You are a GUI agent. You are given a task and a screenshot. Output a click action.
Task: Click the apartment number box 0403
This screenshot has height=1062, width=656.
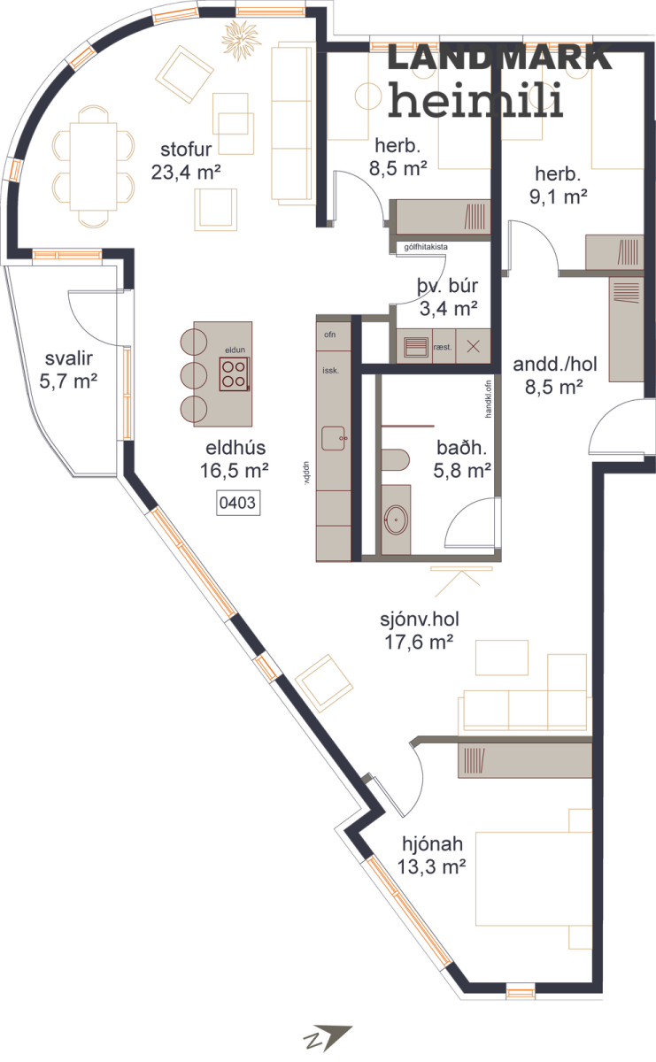coord(238,503)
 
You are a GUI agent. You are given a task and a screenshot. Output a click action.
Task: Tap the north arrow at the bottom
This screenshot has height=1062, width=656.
coord(328,1038)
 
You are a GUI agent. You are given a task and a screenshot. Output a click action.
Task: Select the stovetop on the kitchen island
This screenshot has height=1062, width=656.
coord(234,374)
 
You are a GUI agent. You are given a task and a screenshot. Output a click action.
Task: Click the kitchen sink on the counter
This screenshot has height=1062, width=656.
coord(334,438)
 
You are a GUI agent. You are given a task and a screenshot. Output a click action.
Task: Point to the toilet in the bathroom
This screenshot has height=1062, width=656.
coord(395,460)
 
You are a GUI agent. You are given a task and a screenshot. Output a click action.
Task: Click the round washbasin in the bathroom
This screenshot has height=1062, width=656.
coord(396,520)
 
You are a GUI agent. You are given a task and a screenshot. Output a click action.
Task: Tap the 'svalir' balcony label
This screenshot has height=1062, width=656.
coord(69,358)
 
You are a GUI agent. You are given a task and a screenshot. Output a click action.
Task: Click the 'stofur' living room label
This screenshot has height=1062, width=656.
coord(186,150)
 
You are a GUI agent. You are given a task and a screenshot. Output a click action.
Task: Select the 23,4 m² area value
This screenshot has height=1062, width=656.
coord(186,172)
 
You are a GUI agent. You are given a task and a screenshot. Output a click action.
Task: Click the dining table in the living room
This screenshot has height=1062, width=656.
coord(94,166)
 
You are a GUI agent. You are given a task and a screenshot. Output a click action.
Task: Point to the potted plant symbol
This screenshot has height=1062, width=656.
coord(241,38)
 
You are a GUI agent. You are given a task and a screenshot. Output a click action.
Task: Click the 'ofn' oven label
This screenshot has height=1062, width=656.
coord(330,335)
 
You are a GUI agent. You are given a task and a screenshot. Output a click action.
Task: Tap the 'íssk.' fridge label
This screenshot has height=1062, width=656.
coord(330,370)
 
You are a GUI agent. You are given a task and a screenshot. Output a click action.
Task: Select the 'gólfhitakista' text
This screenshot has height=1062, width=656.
coord(426,247)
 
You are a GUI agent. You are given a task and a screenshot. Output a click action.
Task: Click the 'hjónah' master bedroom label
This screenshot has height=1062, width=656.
coord(432,844)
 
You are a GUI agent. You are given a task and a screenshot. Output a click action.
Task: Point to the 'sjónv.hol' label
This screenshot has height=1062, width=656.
coord(420,619)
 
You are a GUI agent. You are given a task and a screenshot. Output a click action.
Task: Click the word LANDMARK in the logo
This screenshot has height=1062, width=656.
coord(499,58)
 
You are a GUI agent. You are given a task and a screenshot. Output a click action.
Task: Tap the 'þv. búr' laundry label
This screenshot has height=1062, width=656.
coord(447,287)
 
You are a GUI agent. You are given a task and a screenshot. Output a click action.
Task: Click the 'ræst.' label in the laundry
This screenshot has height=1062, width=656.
coord(443,347)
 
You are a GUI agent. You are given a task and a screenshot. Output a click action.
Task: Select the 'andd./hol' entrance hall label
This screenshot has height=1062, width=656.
coord(555,364)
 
